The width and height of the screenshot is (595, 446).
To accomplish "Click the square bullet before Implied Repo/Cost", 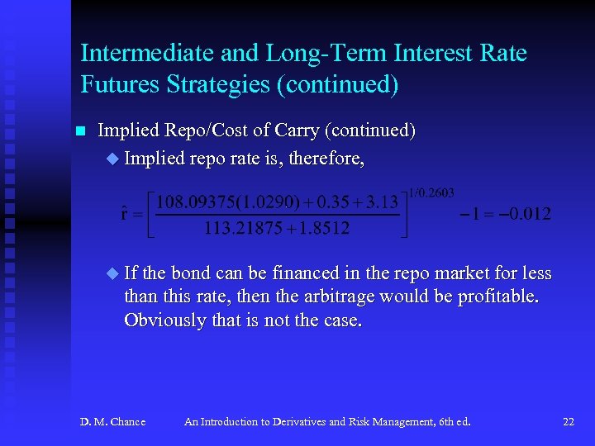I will tap(80, 131).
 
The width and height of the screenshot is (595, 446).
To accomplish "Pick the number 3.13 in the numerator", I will tap(382, 202).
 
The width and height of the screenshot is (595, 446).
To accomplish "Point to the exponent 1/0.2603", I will tap(431, 192).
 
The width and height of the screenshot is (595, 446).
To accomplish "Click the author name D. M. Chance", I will tap(112, 422).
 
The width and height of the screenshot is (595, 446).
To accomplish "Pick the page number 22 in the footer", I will tap(569, 422).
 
